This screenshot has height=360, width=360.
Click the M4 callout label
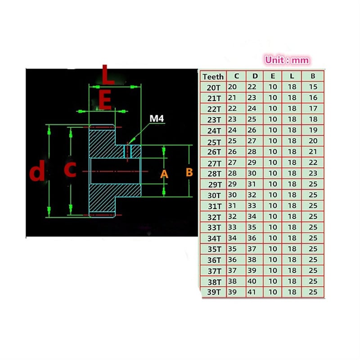click(x=157, y=118)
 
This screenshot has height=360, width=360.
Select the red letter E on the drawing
click(x=105, y=100)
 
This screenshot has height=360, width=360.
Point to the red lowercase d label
click(x=37, y=171)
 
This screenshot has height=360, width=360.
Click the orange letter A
click(x=164, y=174)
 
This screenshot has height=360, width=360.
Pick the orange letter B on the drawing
click(x=189, y=172)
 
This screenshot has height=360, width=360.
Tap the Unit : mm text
click(x=287, y=60)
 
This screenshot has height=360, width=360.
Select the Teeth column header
click(x=213, y=76)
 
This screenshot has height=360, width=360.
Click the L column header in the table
click(x=292, y=76)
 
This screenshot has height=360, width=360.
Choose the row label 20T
click(x=213, y=87)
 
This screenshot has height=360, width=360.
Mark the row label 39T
click(x=214, y=292)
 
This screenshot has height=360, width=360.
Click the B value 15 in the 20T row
click(x=313, y=87)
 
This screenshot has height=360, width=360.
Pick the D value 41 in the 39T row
click(x=252, y=292)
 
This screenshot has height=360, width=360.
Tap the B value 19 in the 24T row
click(x=313, y=130)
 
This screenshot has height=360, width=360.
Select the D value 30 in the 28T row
click(x=252, y=173)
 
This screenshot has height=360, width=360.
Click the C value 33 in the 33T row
click(x=232, y=227)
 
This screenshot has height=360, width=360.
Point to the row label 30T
click(x=214, y=195)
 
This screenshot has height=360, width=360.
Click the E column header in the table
click(x=273, y=76)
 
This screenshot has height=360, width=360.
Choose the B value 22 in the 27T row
click(x=313, y=162)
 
